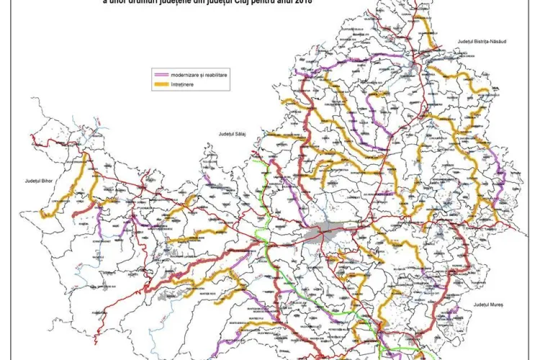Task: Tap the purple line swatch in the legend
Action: point(161,75)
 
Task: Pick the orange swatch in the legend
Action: point(161,85)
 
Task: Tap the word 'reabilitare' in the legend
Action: point(214,75)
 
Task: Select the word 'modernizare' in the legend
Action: point(184,75)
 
